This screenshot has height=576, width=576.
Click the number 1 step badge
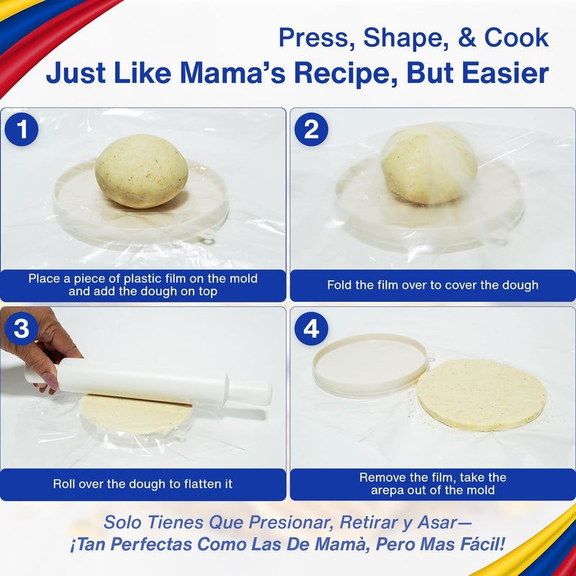tap(22, 130)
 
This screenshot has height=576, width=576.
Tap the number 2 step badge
tap(311, 130)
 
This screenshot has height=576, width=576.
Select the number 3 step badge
tap(22, 329)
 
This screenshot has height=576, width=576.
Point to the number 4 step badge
tap(311, 329)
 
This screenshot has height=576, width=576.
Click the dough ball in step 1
tap(141, 171)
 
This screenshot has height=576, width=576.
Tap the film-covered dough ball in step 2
tap(429, 164)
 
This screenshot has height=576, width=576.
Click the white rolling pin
tap(151, 380)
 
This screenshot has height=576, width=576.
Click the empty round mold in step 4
tap(371, 364)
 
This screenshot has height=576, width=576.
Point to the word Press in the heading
tap(315, 38)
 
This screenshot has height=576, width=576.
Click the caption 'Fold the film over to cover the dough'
tap(433, 285)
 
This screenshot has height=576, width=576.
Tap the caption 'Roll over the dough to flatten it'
tap(143, 484)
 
